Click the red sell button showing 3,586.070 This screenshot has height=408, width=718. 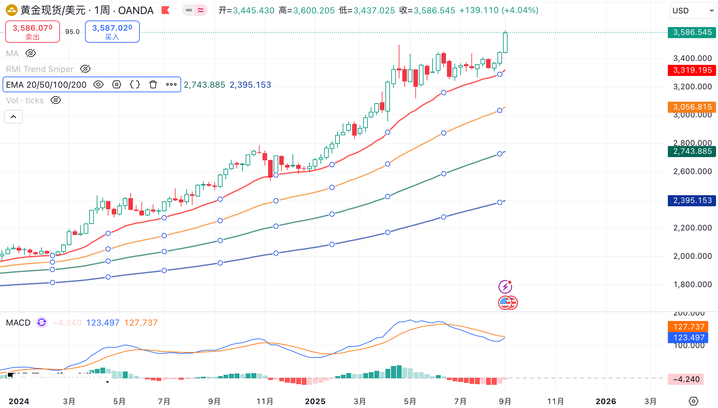point(33,32)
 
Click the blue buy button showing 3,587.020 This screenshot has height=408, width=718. point(112,32)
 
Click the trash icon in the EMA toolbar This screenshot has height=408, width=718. point(153,85)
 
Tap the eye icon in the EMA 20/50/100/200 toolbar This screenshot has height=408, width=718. point(98,85)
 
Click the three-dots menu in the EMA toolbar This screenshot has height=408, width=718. point(171,85)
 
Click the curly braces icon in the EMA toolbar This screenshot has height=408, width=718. point(135,85)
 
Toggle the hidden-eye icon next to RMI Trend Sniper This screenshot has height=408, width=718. point(85,69)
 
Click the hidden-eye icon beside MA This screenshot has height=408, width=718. point(31,53)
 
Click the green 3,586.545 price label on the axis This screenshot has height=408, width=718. point(692,33)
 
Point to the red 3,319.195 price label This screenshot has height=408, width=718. point(692,70)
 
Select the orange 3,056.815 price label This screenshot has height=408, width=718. point(692,107)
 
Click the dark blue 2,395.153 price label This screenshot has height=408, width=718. point(692,200)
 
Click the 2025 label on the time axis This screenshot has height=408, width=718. point(315,401)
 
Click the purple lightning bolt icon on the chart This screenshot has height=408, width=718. point(505,287)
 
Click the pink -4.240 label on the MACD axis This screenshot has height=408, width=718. point(686,379)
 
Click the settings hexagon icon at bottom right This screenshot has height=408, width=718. point(694,401)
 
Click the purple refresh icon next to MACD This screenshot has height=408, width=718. point(42,323)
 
